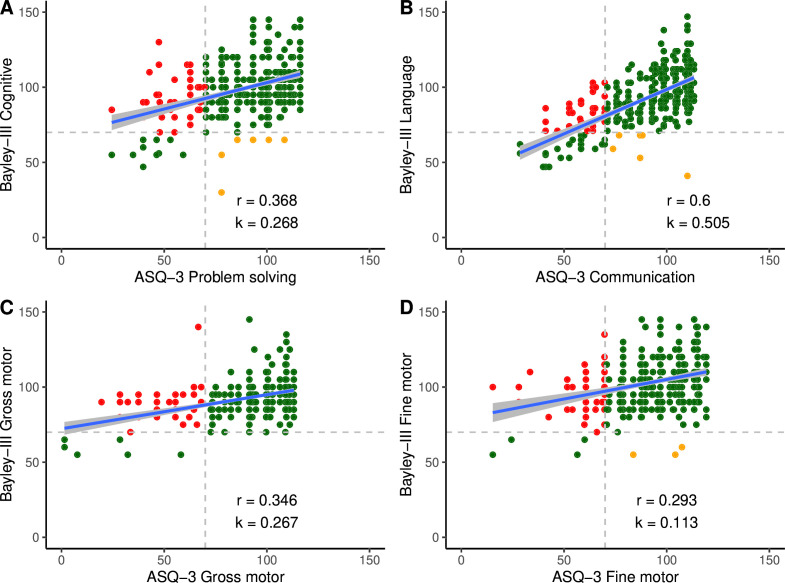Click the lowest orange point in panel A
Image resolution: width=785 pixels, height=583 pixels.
point(221,192)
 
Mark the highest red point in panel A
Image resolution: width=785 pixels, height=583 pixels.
point(159,43)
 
